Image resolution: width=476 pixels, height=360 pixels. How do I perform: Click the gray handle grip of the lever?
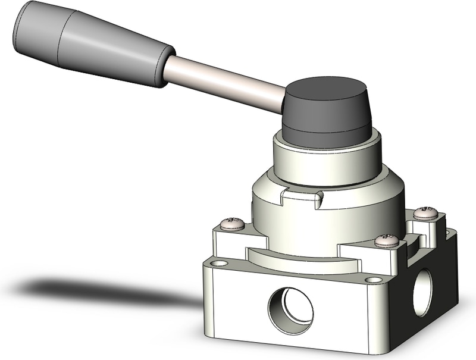tap(89, 45)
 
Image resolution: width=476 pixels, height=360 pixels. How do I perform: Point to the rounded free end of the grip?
tap(24, 24)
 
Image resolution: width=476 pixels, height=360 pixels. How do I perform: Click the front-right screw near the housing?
tap(387, 240)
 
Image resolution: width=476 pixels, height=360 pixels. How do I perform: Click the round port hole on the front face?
tap(291, 310)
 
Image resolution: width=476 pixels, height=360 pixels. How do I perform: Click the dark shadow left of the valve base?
tap(89, 292)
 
